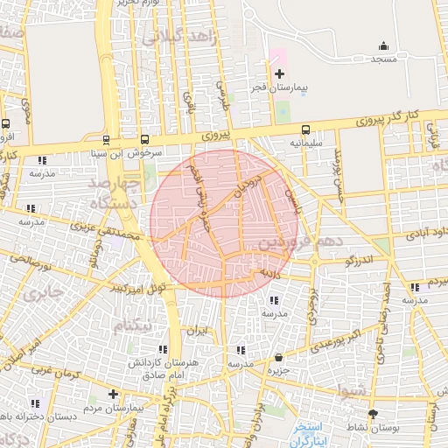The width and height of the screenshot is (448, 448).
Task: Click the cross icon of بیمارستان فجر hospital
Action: tap(279, 73)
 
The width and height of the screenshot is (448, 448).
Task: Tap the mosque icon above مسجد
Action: tap(382, 46)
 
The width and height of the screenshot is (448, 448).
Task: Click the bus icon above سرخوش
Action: tap(144, 138)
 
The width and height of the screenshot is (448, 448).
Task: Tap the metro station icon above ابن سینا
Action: tap(106, 138)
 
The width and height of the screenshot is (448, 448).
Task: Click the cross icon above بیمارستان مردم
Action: tap(113, 394)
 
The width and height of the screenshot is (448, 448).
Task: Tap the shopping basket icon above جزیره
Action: tap(278, 357)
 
